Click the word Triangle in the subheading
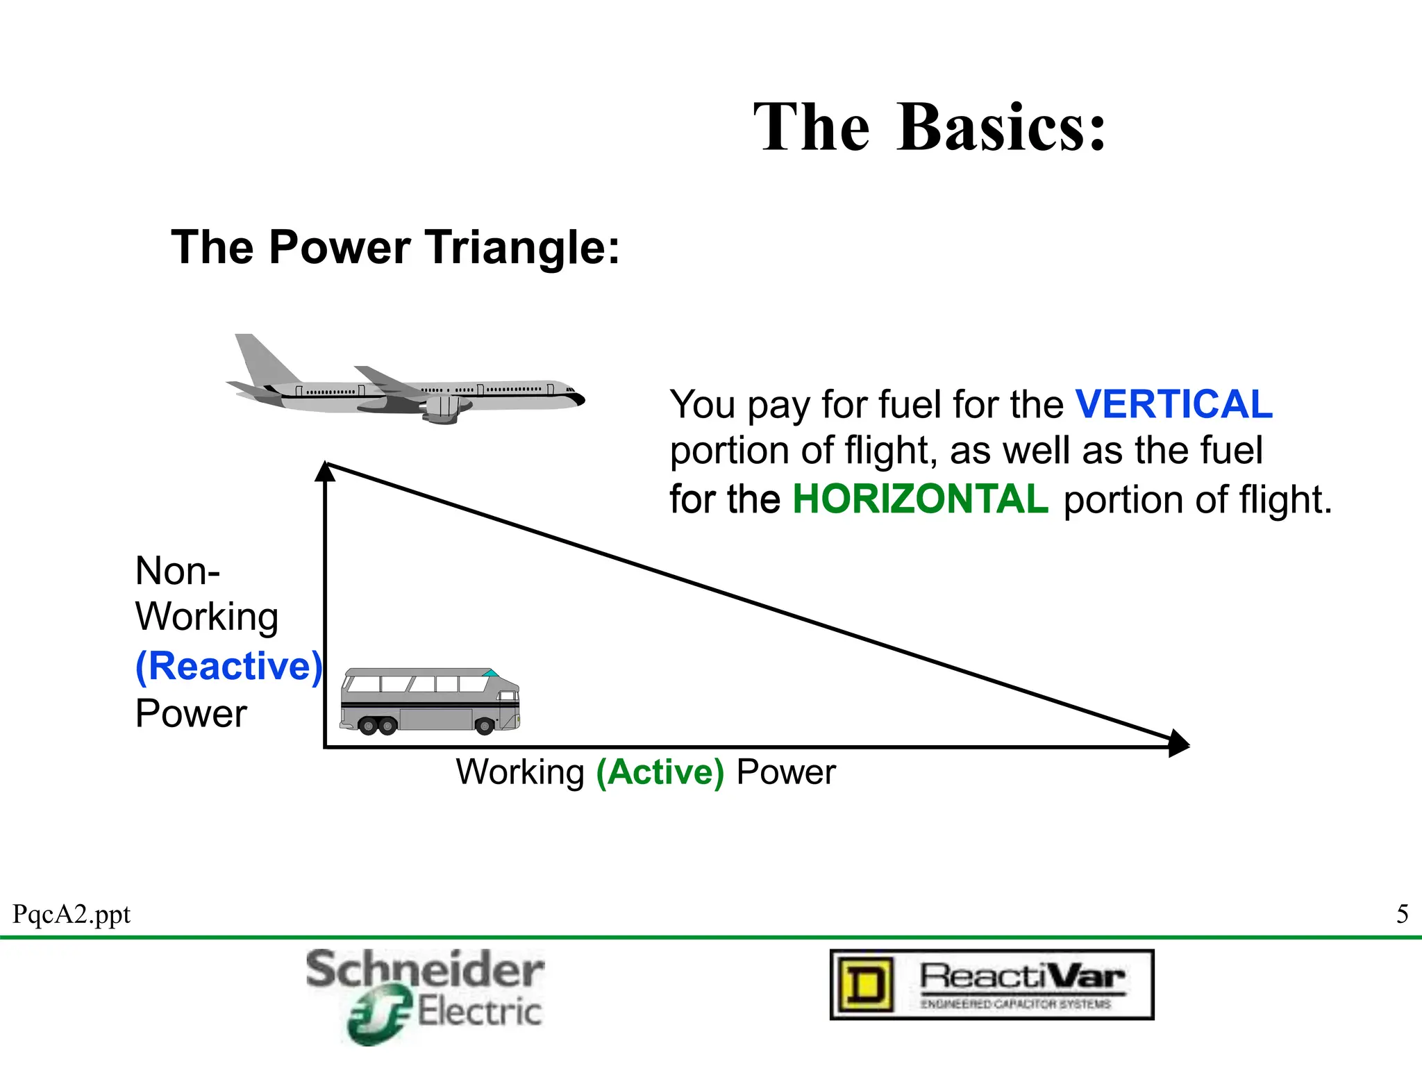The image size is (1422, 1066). click(522, 248)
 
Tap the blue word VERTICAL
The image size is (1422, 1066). click(1173, 404)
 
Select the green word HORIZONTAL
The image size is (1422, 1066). click(920, 499)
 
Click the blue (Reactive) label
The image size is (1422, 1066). click(229, 666)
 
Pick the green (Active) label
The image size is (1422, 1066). click(660, 772)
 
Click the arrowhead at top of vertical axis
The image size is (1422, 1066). click(325, 472)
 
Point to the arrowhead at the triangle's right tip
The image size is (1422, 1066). click(1178, 743)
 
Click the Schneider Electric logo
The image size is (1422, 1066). click(425, 995)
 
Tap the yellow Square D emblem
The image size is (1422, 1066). click(865, 985)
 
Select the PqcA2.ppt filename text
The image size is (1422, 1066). click(72, 915)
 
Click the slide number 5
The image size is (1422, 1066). click(1402, 914)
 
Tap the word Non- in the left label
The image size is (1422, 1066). click(178, 572)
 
